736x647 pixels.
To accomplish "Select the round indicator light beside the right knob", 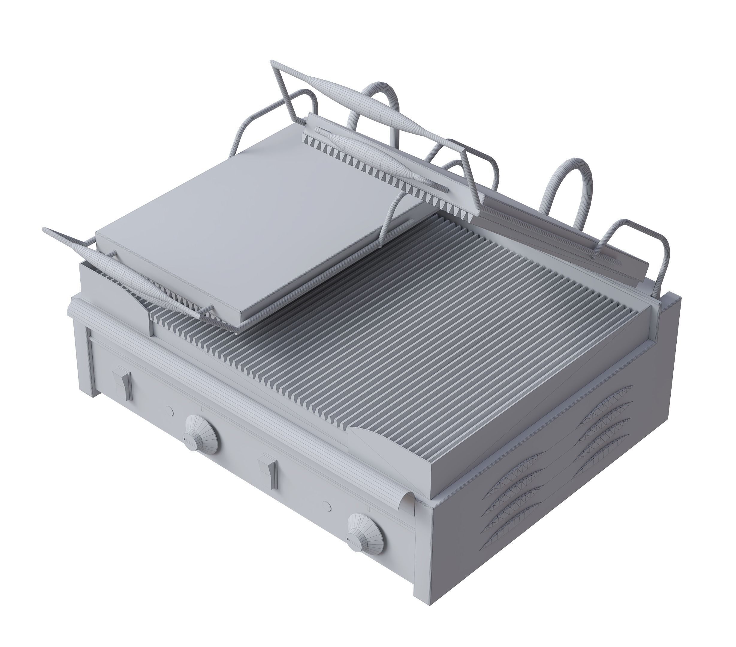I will tap(327, 506).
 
